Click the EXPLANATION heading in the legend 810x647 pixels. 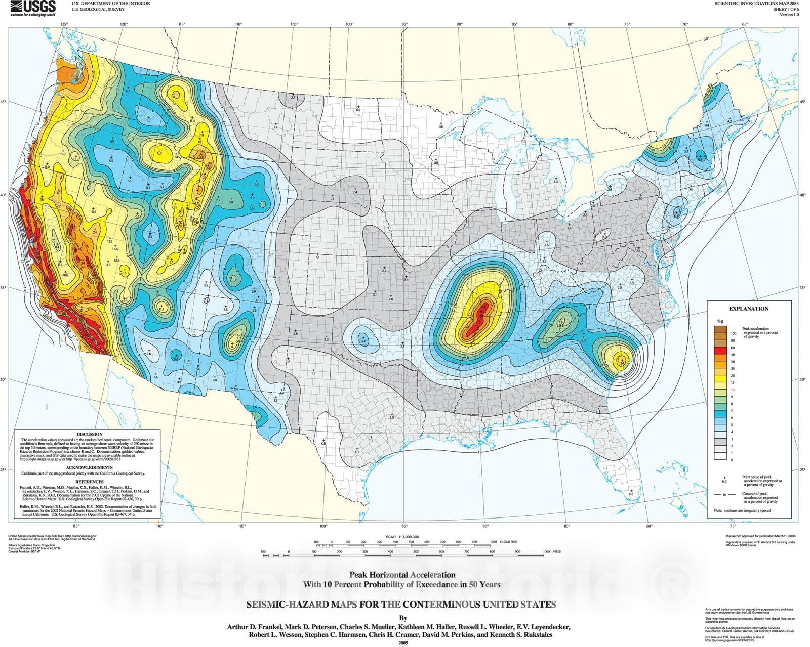(x=748, y=309)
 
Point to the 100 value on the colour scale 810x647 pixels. (x=733, y=334)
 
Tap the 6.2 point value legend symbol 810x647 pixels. (x=724, y=480)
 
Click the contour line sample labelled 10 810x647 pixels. (x=724, y=494)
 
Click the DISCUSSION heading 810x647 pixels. (x=89, y=435)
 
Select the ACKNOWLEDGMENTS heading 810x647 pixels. (x=89, y=468)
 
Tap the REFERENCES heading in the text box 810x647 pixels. (x=89, y=482)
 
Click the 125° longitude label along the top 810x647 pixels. (x=64, y=24)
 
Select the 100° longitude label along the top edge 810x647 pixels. (x=349, y=24)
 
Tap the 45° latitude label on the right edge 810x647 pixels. (x=803, y=102)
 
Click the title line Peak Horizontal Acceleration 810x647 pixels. (x=402, y=575)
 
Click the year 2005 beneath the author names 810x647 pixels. (x=403, y=643)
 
